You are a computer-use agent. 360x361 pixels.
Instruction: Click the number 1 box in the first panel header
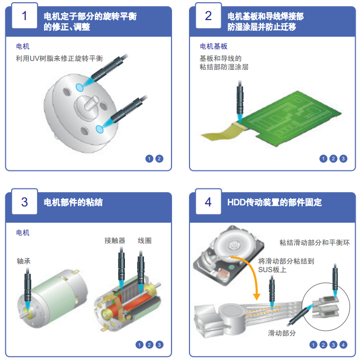(x=24, y=16)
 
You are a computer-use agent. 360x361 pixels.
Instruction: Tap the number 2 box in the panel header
(x=208, y=16)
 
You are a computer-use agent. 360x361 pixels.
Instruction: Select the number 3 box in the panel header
(x=24, y=202)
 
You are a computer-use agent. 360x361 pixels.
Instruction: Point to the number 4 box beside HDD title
(x=208, y=202)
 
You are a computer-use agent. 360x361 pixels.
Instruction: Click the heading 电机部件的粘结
(x=73, y=202)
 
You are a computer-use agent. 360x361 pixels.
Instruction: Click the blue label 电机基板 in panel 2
(x=214, y=47)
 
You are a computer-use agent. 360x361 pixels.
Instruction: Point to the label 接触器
(x=115, y=241)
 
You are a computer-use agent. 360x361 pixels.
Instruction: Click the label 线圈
(x=145, y=241)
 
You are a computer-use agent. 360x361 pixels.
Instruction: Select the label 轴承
(x=24, y=262)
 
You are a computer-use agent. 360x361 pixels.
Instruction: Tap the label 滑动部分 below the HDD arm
(x=282, y=333)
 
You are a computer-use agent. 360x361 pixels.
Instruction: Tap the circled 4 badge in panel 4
(x=343, y=345)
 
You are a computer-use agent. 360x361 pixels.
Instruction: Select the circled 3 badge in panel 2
(x=343, y=158)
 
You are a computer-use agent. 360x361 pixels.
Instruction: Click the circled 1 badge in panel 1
(x=149, y=158)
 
